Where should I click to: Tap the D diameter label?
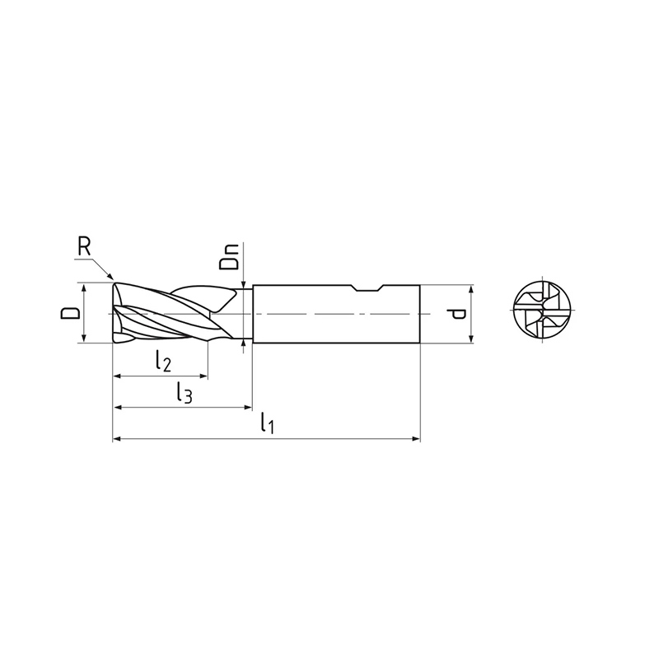(x=69, y=313)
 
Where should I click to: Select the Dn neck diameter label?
(x=229, y=257)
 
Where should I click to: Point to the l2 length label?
(x=162, y=361)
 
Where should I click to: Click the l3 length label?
(x=184, y=392)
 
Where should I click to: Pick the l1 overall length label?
(x=267, y=423)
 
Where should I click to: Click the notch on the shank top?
(x=368, y=287)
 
